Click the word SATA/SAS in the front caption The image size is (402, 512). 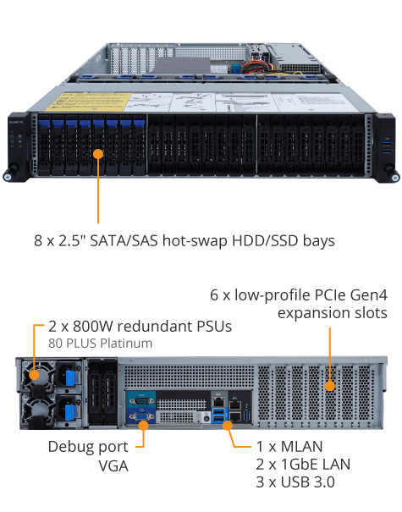[124, 240]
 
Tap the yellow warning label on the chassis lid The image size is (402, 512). [89, 102]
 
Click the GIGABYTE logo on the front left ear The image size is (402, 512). [16, 122]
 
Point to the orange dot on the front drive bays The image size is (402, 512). [98, 154]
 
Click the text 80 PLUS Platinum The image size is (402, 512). [100, 344]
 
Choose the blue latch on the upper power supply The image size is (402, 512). [72, 377]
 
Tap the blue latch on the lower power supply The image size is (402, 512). [72, 412]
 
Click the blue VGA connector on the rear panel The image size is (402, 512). [141, 416]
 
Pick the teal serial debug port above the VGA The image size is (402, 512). [141, 400]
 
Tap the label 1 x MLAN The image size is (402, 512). [289, 446]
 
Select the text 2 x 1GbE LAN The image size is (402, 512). [303, 465]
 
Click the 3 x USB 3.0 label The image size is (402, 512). [295, 482]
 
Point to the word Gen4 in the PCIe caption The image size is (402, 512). [369, 295]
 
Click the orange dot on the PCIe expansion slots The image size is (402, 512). [330, 386]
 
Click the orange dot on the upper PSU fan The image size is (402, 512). [34, 375]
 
